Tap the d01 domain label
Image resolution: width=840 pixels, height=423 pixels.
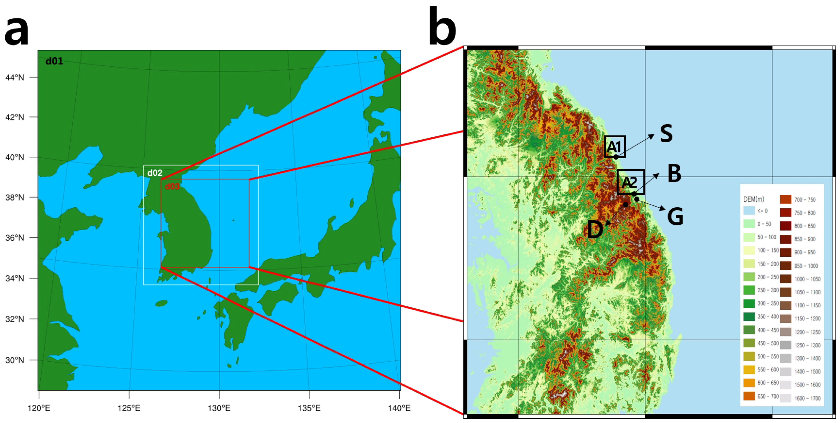[x=54, y=61]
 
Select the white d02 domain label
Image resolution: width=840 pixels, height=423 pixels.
[x=155, y=173]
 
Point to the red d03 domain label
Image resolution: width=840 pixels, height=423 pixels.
[x=172, y=187]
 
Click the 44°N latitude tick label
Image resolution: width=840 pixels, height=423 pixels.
[x=15, y=77]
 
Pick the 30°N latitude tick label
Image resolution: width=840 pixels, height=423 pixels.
[x=15, y=360]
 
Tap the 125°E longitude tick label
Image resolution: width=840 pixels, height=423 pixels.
[x=129, y=408]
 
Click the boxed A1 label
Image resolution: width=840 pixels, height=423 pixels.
[x=615, y=147]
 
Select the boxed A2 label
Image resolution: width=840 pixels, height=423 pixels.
[x=630, y=182]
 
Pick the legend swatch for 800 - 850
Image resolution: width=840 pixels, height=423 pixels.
[x=785, y=226]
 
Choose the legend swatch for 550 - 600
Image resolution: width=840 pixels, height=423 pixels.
[x=749, y=369]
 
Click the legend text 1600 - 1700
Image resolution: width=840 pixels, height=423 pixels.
[x=807, y=398]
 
